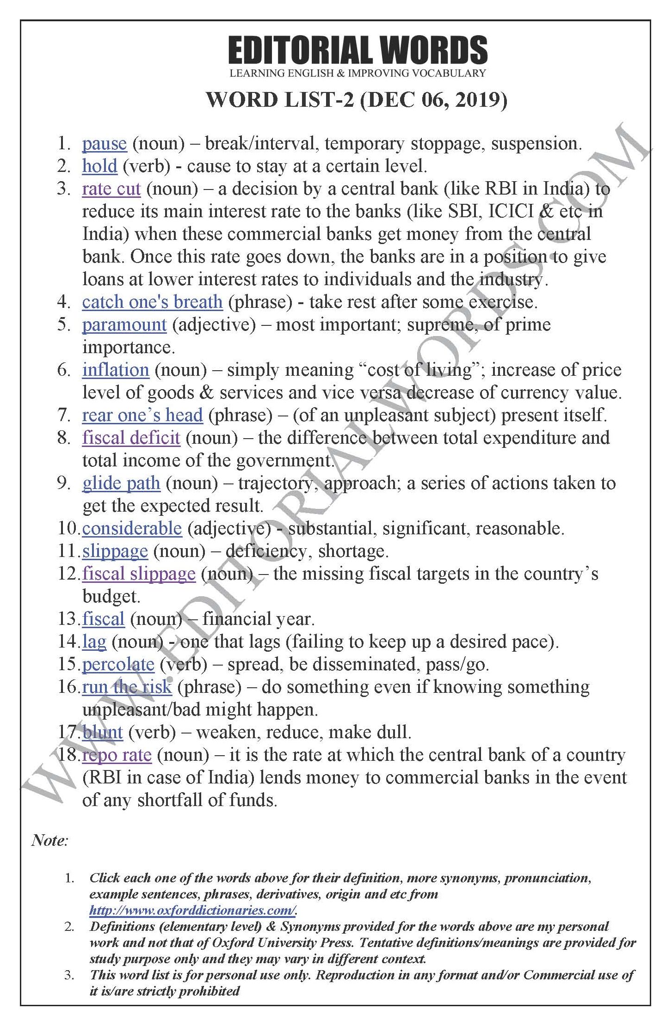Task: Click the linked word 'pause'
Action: click(104, 144)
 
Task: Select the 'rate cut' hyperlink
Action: click(111, 189)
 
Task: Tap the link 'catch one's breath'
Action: click(152, 302)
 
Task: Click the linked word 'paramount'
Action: click(124, 325)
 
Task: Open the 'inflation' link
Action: click(116, 370)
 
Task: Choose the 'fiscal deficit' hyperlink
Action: click(131, 438)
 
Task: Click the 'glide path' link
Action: click(121, 483)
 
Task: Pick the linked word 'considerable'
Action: click(132, 529)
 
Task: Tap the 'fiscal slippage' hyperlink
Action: click(139, 574)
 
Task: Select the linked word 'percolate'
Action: click(118, 665)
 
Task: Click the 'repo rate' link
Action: click(117, 755)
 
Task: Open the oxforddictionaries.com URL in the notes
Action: click(193, 910)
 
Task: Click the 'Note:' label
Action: click(50, 840)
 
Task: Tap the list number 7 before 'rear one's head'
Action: click(64, 416)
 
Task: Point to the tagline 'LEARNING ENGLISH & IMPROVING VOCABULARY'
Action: click(358, 73)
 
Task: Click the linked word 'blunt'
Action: click(102, 733)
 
